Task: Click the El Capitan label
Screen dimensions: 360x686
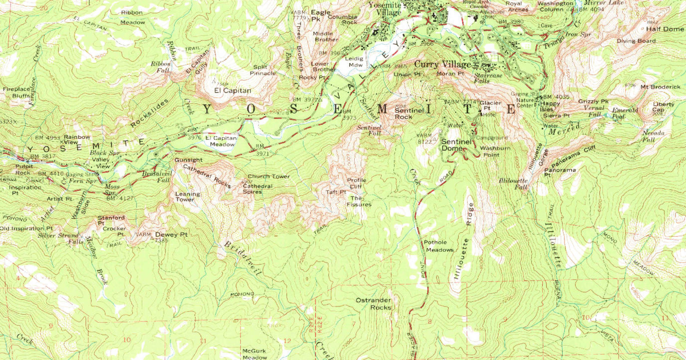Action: [x=233, y=91]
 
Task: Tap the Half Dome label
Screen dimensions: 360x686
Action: [x=664, y=29]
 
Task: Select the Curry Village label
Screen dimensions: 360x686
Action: [x=442, y=64]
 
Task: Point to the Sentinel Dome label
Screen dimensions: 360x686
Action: [x=456, y=145]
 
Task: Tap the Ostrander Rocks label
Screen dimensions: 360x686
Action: [x=373, y=304]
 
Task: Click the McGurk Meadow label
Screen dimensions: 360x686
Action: [x=255, y=354]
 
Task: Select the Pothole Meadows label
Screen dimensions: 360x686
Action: [x=439, y=246]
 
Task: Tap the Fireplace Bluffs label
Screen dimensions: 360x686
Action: [x=16, y=92]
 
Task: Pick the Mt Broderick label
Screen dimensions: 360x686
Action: [x=660, y=87]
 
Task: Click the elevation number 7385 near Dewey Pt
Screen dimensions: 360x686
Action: [x=161, y=240]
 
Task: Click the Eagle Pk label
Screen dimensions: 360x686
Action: [x=320, y=15]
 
